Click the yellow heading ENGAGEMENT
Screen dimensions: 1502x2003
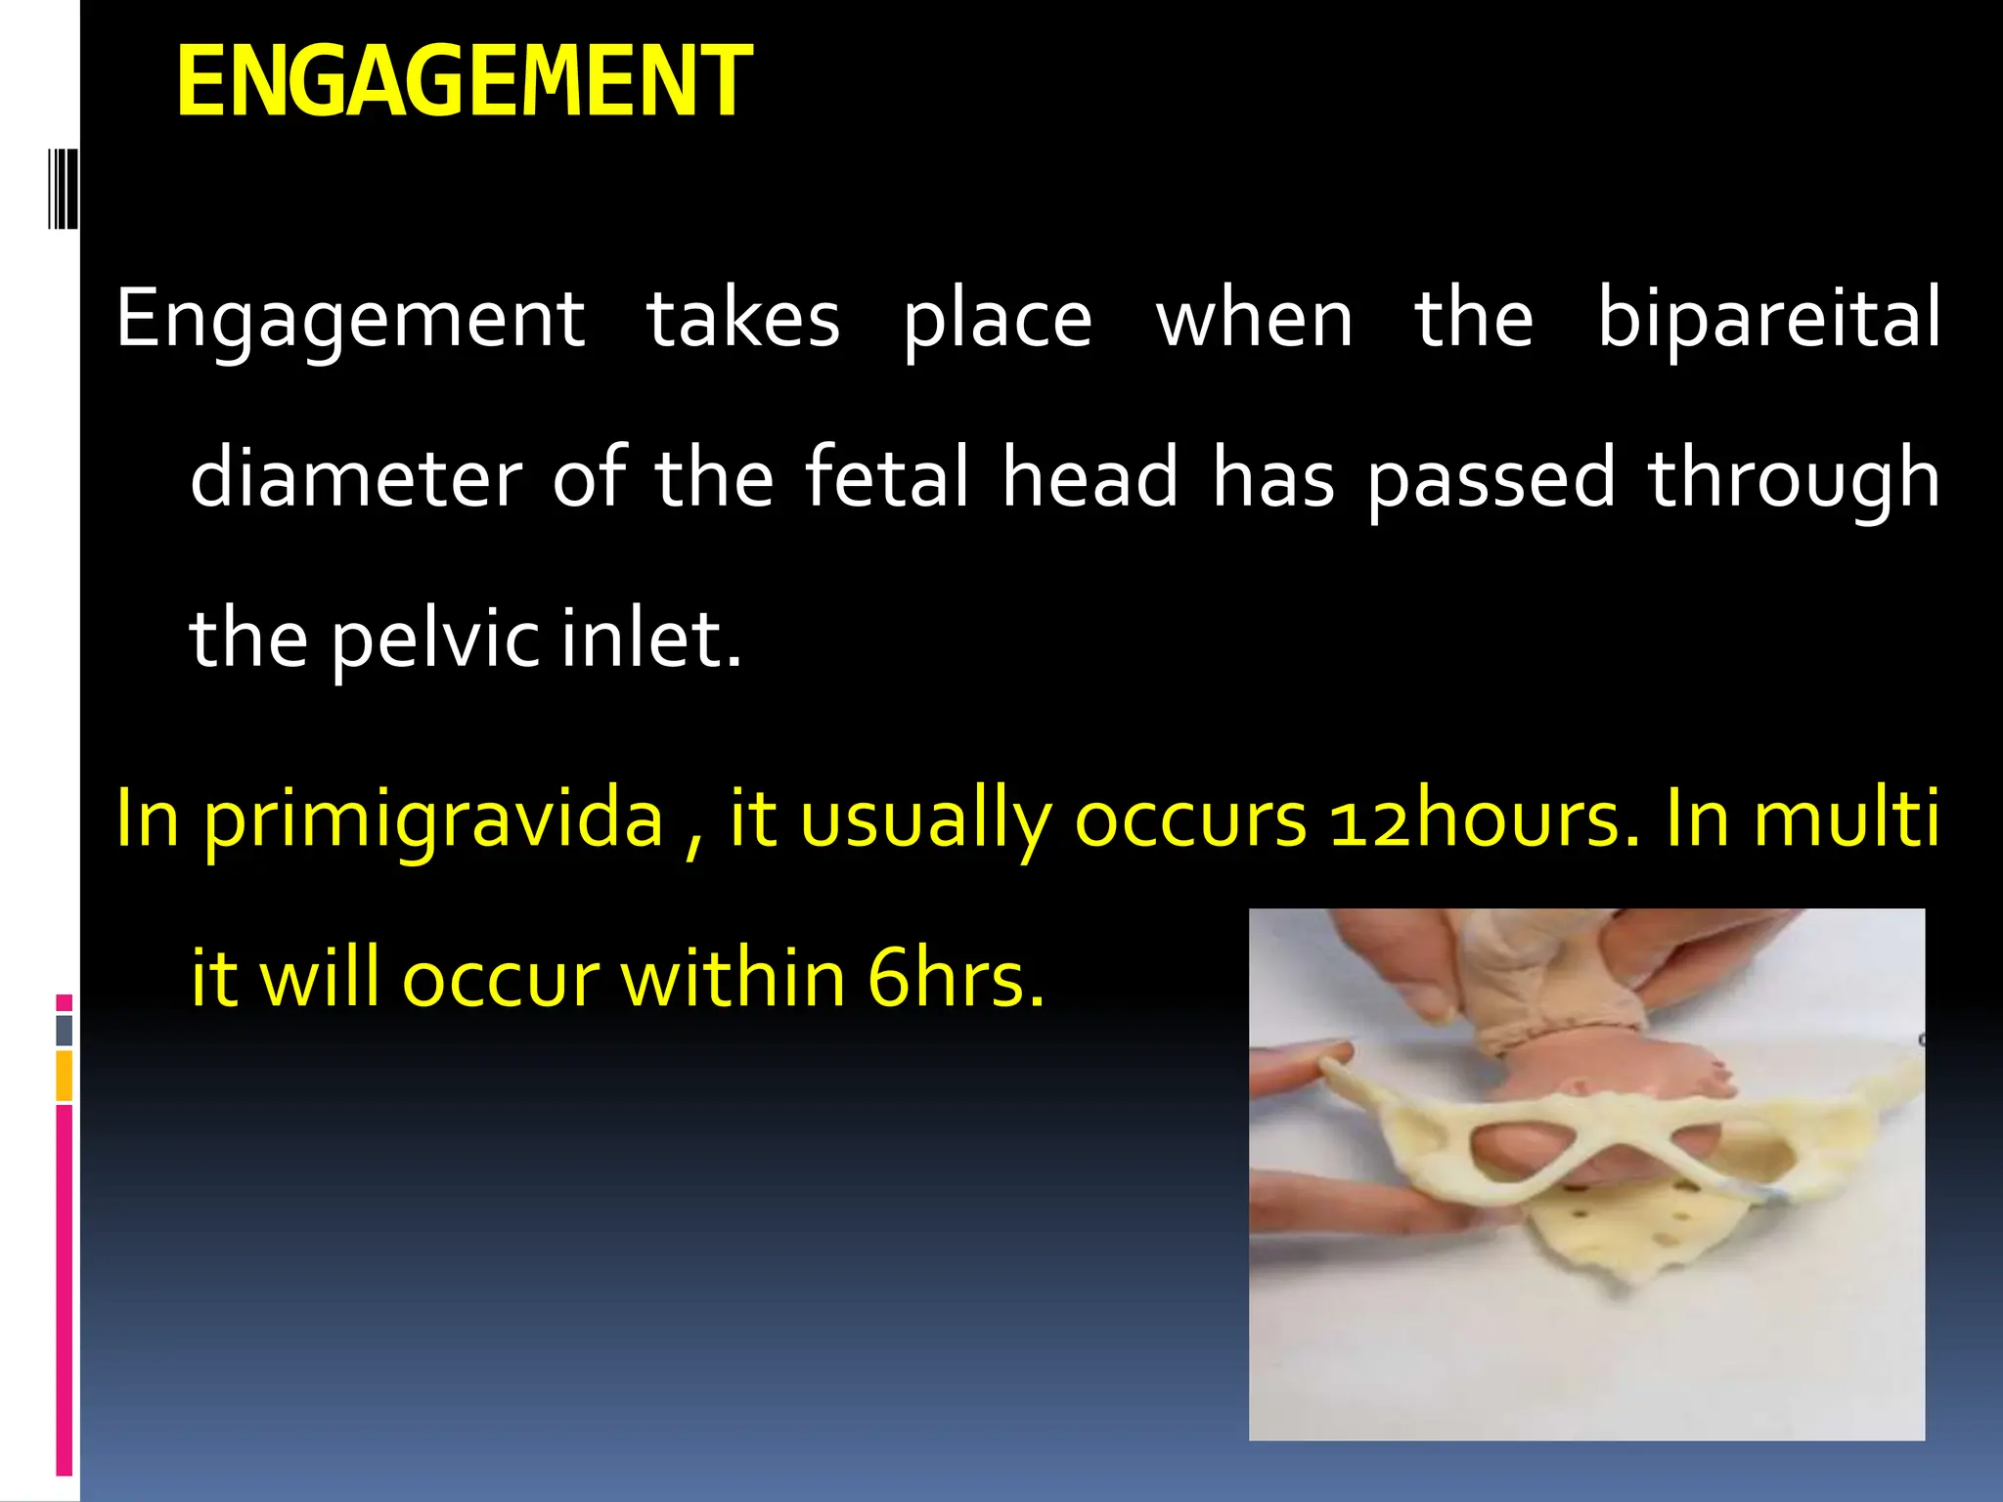coord(464,82)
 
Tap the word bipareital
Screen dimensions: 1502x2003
coord(1768,319)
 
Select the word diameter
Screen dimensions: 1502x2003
coord(356,479)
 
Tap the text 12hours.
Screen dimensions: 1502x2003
coord(1483,818)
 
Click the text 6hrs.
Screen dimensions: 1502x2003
coord(957,979)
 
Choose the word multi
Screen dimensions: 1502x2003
coord(1847,818)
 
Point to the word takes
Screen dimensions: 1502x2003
coord(743,319)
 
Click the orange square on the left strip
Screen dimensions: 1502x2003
coord(64,1076)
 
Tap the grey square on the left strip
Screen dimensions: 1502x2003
coord(64,1030)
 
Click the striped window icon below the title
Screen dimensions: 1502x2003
coord(64,188)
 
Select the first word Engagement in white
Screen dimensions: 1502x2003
coord(350,321)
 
